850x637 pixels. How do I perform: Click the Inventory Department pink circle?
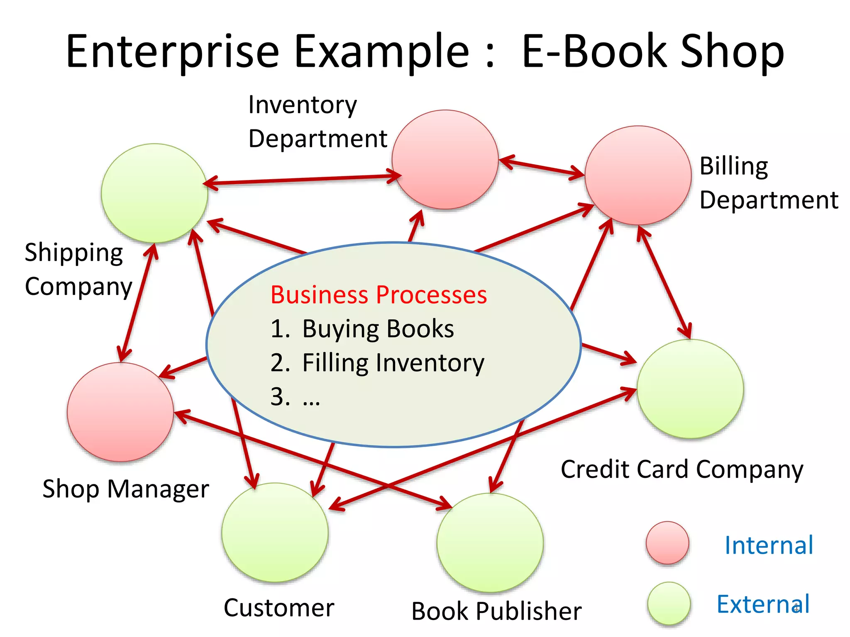pyautogui.click(x=445, y=160)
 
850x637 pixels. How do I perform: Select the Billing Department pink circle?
pyautogui.click(x=638, y=175)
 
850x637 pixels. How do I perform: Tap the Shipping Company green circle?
pyautogui.click(x=154, y=193)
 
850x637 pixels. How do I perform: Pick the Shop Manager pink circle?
pyautogui.click(x=120, y=412)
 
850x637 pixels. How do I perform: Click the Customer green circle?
pyautogui.click(x=275, y=532)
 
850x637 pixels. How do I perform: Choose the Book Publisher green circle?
pyautogui.click(x=490, y=542)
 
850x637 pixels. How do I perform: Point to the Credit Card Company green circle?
pyautogui.click(x=690, y=389)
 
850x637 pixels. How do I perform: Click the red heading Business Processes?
pyautogui.click(x=379, y=295)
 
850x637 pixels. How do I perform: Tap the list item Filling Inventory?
pyautogui.click(x=393, y=363)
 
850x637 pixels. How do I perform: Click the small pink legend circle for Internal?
pyautogui.click(x=667, y=542)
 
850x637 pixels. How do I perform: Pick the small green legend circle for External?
pyautogui.click(x=669, y=603)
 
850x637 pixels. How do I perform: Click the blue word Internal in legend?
pyautogui.click(x=769, y=545)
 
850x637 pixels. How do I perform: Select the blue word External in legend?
pyautogui.click(x=763, y=604)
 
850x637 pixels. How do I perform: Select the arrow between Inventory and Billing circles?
pyautogui.click(x=542, y=168)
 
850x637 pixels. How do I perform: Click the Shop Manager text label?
pyautogui.click(x=126, y=489)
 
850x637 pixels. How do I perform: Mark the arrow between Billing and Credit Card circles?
pyautogui.click(x=664, y=282)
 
